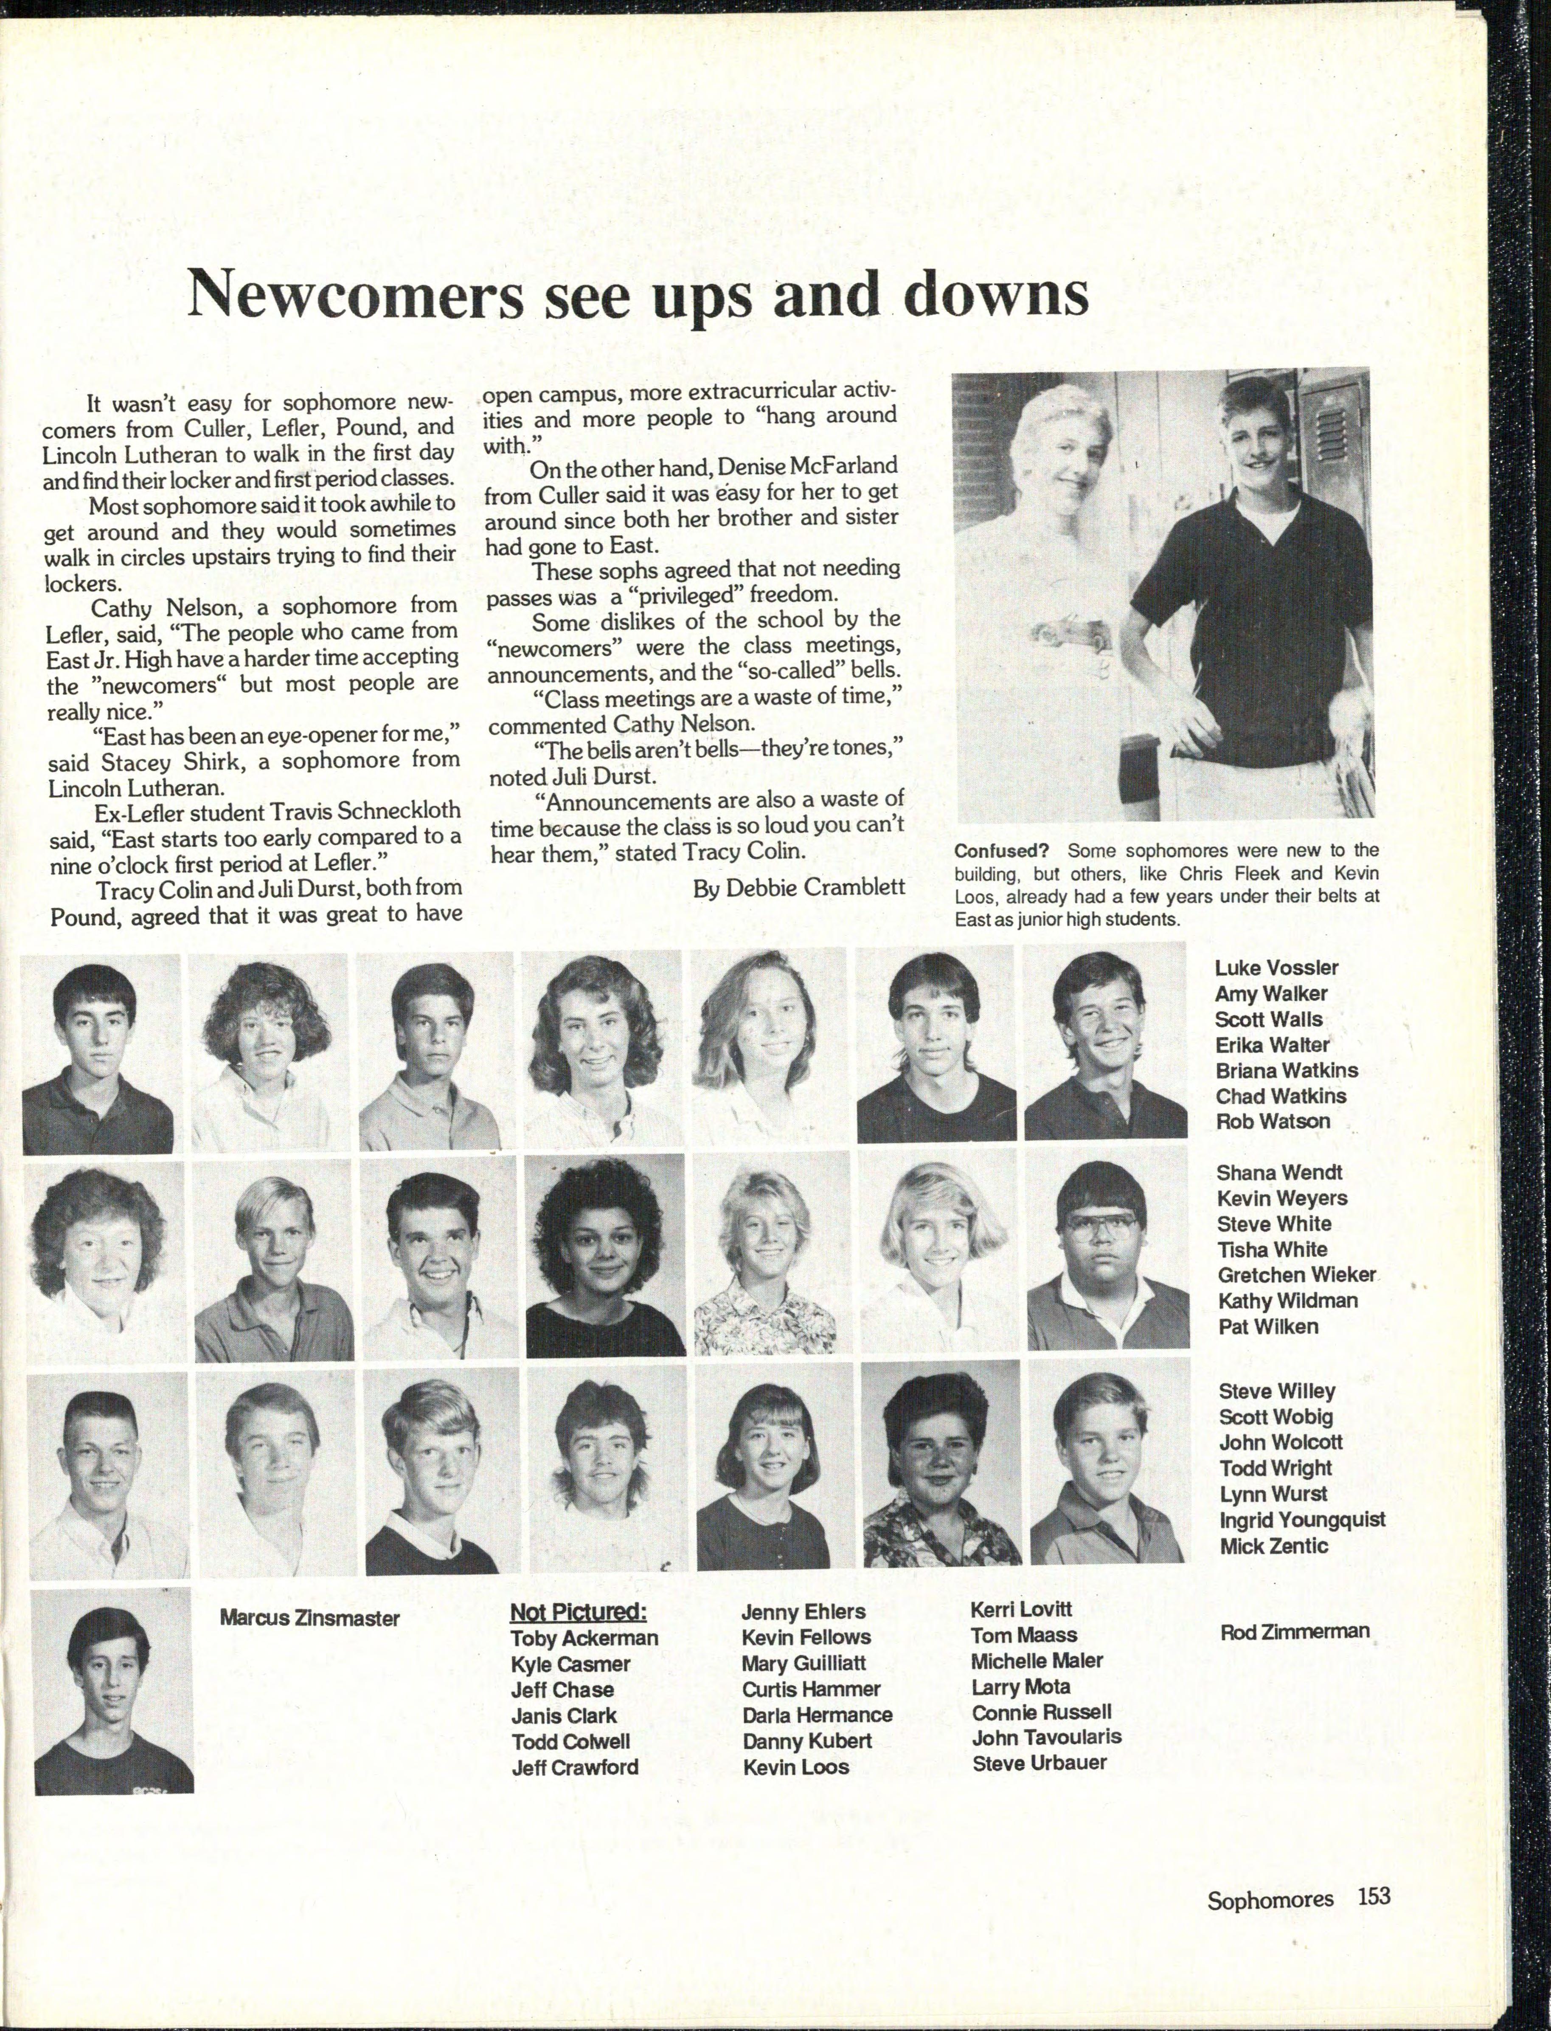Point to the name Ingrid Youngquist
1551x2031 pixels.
point(1302,1519)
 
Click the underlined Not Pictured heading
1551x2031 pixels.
point(578,1612)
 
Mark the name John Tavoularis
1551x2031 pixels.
point(1046,1736)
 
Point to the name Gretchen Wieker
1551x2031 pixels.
point(1296,1275)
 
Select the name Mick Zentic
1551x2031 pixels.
point(1273,1545)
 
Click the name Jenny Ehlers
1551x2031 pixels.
point(803,1612)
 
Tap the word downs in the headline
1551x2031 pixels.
point(995,294)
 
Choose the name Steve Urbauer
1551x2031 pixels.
point(1039,1762)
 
